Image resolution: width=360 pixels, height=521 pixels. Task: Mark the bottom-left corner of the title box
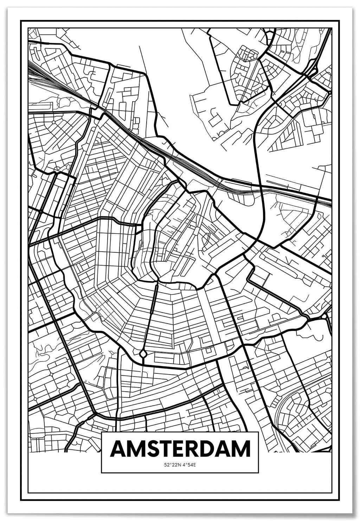(102, 473)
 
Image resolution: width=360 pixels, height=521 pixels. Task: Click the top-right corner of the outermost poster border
(339, 21)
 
